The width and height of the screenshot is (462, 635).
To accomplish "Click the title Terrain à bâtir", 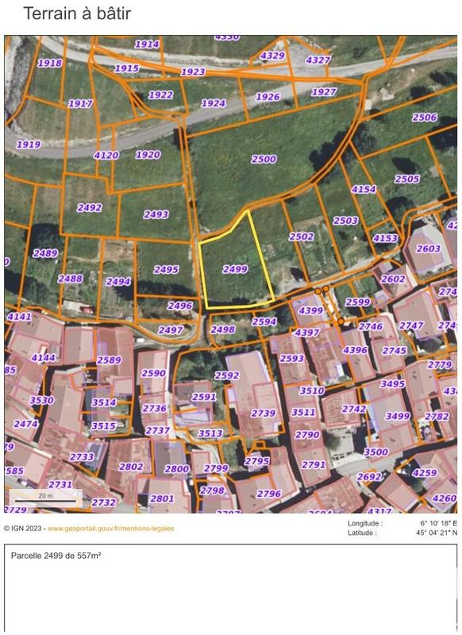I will coord(77,13).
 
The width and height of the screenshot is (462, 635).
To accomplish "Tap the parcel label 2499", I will coord(235,270).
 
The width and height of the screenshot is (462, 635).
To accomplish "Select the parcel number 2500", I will coord(264,159).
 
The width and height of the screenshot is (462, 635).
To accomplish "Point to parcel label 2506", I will coord(424,117).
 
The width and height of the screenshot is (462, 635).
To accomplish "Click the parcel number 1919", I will coord(28,144).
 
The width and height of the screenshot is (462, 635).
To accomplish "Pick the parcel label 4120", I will coord(106,156).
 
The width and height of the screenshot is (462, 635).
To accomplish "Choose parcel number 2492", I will coord(89,208).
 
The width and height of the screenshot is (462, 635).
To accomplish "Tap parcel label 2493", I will coord(156,214).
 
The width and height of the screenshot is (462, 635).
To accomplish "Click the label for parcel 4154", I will coord(364,189).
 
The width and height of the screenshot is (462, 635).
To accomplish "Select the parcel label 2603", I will coord(428,248).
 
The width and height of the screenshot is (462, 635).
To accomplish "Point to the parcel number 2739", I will coord(263,413).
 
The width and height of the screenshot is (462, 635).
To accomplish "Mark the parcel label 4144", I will coord(43,358).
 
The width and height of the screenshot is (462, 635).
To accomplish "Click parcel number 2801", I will coord(162,498).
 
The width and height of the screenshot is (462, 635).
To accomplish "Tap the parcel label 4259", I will coord(425,473).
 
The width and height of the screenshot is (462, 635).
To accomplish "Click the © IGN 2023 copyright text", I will coord(24,528).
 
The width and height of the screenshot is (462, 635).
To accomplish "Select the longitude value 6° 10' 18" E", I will coord(436,523).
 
